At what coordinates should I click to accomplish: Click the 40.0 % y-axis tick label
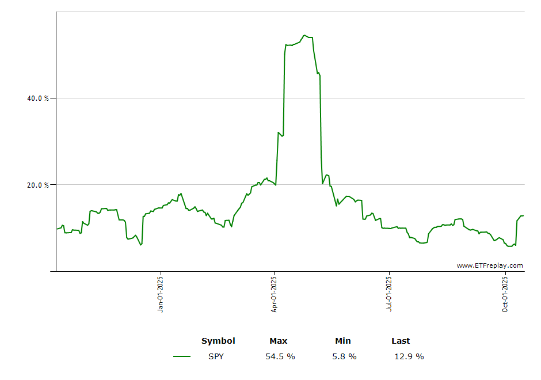click(38, 98)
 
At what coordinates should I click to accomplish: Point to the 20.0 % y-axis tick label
click(38, 185)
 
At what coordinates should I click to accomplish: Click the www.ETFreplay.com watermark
click(490, 265)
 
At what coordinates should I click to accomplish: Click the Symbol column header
click(218, 341)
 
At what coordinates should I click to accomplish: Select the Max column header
click(279, 341)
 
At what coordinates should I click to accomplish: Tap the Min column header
click(343, 341)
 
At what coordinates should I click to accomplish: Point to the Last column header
click(401, 341)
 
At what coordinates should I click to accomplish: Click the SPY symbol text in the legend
click(216, 356)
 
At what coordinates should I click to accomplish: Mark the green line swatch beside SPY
click(182, 356)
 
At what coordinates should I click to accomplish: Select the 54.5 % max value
click(280, 356)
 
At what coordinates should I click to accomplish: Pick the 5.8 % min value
click(344, 356)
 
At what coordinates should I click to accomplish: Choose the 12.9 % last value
click(409, 356)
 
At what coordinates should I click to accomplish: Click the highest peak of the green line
click(304, 35)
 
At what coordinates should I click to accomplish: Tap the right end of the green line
click(523, 216)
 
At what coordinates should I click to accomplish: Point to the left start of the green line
click(56, 229)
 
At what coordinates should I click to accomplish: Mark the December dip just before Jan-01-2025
click(141, 245)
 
